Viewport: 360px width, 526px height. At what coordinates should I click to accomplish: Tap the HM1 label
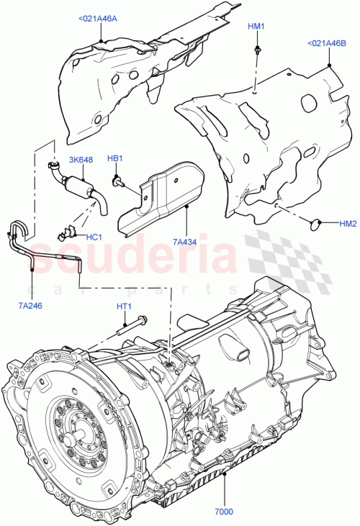(x=256, y=27)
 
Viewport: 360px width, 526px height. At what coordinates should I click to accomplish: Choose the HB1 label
(x=115, y=158)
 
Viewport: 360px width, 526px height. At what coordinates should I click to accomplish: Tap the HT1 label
(x=123, y=306)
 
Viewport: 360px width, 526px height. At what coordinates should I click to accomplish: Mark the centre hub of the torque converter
(x=76, y=437)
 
